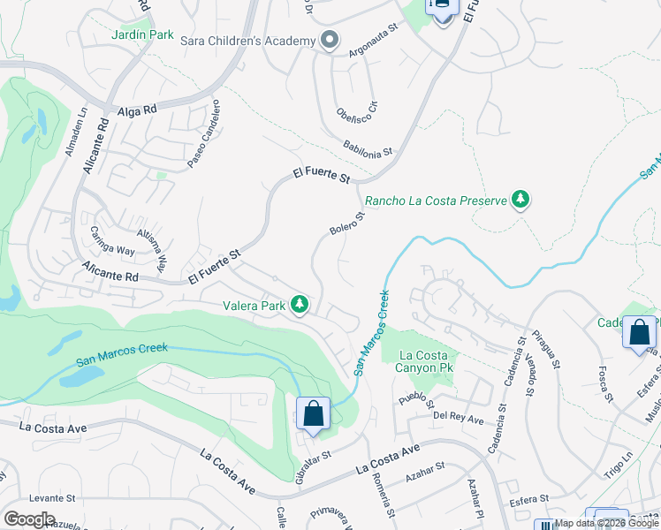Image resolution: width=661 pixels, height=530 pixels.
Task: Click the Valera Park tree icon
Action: (x=300, y=305)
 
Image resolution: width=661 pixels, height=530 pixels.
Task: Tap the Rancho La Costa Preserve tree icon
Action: (x=521, y=200)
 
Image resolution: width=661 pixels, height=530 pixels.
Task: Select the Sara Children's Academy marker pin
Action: (x=330, y=41)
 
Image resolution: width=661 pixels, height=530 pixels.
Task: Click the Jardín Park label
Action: (x=143, y=34)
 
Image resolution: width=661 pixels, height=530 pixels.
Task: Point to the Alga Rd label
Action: (x=136, y=111)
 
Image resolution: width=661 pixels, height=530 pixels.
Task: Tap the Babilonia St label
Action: (x=368, y=148)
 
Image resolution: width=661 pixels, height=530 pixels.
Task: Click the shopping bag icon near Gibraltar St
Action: (x=313, y=413)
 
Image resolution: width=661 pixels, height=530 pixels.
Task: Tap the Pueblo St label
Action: (x=413, y=398)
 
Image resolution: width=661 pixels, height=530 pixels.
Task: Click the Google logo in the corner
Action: (x=29, y=519)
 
